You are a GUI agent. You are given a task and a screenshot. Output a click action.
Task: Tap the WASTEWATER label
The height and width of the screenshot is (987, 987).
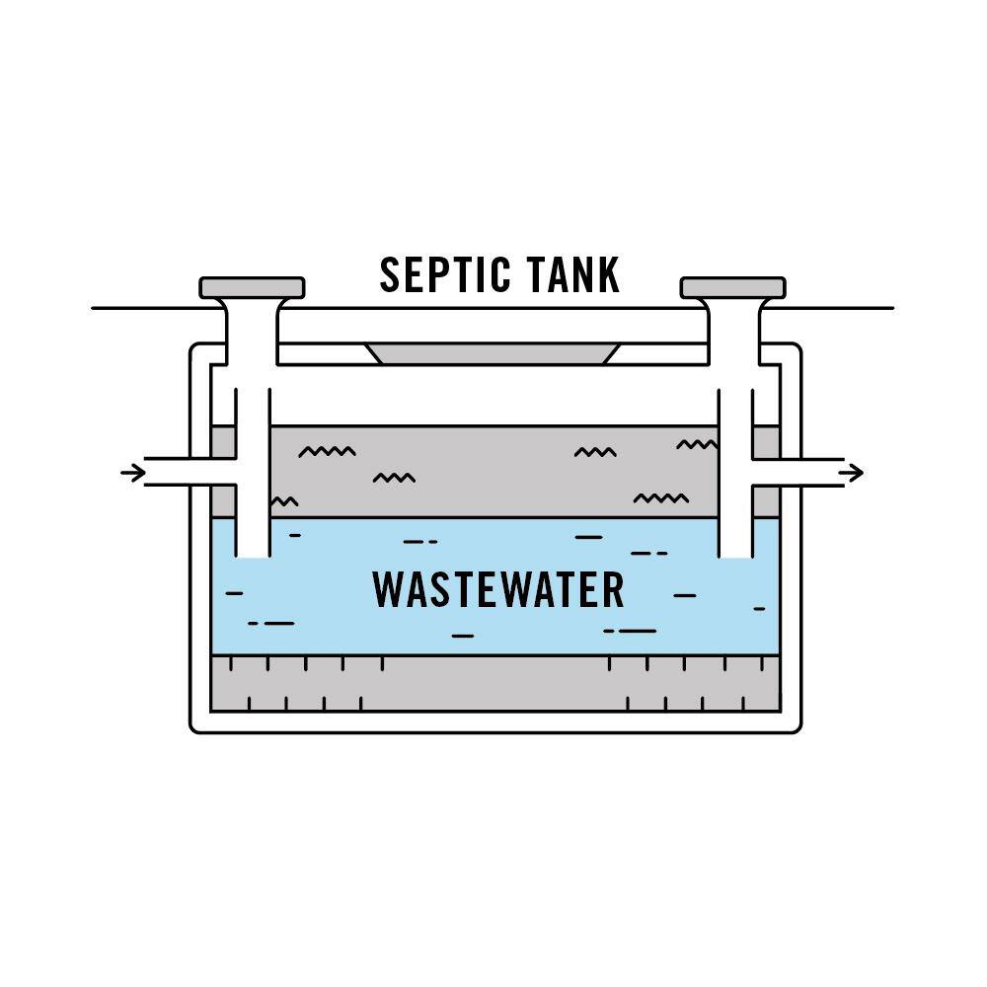point(497,590)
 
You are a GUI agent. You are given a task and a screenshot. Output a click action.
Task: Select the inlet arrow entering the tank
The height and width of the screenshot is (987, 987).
point(133,472)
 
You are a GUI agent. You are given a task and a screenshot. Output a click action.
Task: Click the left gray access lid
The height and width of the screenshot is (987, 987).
point(252,287)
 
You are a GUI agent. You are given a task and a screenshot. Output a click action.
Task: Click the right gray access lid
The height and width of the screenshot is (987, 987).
point(732,287)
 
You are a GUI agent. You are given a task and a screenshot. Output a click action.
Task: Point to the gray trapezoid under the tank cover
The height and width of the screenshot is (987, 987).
point(493,353)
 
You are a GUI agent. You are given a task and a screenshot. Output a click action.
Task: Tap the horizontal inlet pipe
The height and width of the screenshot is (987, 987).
point(190,472)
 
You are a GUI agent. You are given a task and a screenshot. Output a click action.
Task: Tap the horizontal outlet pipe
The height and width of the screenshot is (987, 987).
point(797,472)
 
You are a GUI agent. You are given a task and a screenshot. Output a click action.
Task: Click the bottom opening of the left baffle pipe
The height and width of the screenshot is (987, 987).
point(253,557)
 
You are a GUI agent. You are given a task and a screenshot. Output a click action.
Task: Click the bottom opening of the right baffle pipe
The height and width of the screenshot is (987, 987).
point(735,557)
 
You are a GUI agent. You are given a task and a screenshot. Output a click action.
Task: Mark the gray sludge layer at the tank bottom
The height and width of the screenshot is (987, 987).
point(495,684)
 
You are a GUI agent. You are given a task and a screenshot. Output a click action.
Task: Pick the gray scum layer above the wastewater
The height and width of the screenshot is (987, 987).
point(494,472)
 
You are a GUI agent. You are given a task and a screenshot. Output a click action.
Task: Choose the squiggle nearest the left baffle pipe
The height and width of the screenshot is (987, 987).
point(284,501)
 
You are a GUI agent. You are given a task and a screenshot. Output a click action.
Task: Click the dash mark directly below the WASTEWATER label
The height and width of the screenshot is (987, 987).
point(463,636)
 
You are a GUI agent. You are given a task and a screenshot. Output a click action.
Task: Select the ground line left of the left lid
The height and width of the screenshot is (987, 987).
point(157,308)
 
